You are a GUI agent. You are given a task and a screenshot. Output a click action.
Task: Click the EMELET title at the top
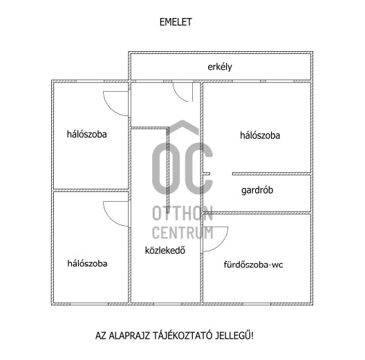[176, 22]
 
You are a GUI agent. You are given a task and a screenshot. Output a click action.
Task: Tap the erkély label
[220, 67]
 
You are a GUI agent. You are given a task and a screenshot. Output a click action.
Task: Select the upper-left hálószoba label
[87, 134]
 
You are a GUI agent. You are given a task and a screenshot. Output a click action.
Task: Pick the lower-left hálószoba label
[87, 263]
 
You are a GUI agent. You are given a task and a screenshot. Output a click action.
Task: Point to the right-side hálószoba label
[260, 135]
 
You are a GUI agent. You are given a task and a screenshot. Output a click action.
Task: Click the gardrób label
[257, 190]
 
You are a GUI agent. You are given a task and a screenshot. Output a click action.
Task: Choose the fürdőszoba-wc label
[253, 265]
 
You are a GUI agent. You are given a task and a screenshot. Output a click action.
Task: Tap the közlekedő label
[165, 250]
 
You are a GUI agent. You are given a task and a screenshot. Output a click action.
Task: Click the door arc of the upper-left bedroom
[111, 108]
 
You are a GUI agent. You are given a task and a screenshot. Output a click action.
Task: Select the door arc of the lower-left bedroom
[111, 219]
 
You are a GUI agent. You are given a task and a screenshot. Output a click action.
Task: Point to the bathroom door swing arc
[221, 244]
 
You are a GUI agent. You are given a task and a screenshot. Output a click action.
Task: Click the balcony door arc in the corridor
[178, 96]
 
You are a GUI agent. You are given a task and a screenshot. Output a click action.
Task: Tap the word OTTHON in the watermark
[182, 214]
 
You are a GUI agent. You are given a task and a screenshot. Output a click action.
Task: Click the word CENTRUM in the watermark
[182, 232]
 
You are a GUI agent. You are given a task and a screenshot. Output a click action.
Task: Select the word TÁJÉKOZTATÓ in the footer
[182, 335]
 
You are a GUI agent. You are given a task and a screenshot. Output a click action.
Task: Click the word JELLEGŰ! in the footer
[234, 335]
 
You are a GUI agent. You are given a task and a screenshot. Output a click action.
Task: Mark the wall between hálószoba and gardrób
[272, 174]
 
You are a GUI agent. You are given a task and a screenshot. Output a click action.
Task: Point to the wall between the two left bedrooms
[91, 190]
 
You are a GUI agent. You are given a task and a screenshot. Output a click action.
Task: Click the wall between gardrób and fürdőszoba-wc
[257, 213]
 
